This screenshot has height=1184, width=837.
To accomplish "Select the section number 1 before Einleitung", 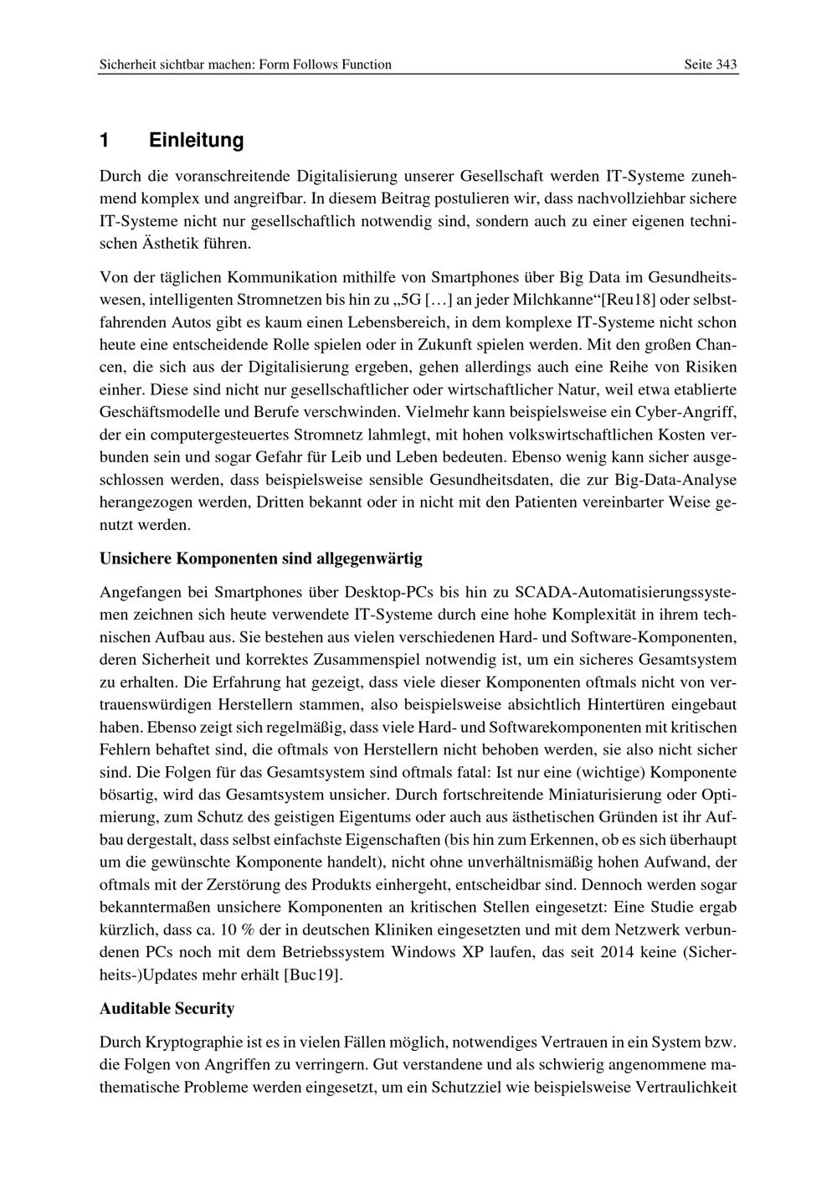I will (105, 141).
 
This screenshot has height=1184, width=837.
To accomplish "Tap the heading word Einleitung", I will (196, 141).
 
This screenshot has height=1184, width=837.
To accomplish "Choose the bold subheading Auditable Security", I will (167, 1009).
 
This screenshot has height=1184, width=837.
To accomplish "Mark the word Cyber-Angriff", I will (691, 413).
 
